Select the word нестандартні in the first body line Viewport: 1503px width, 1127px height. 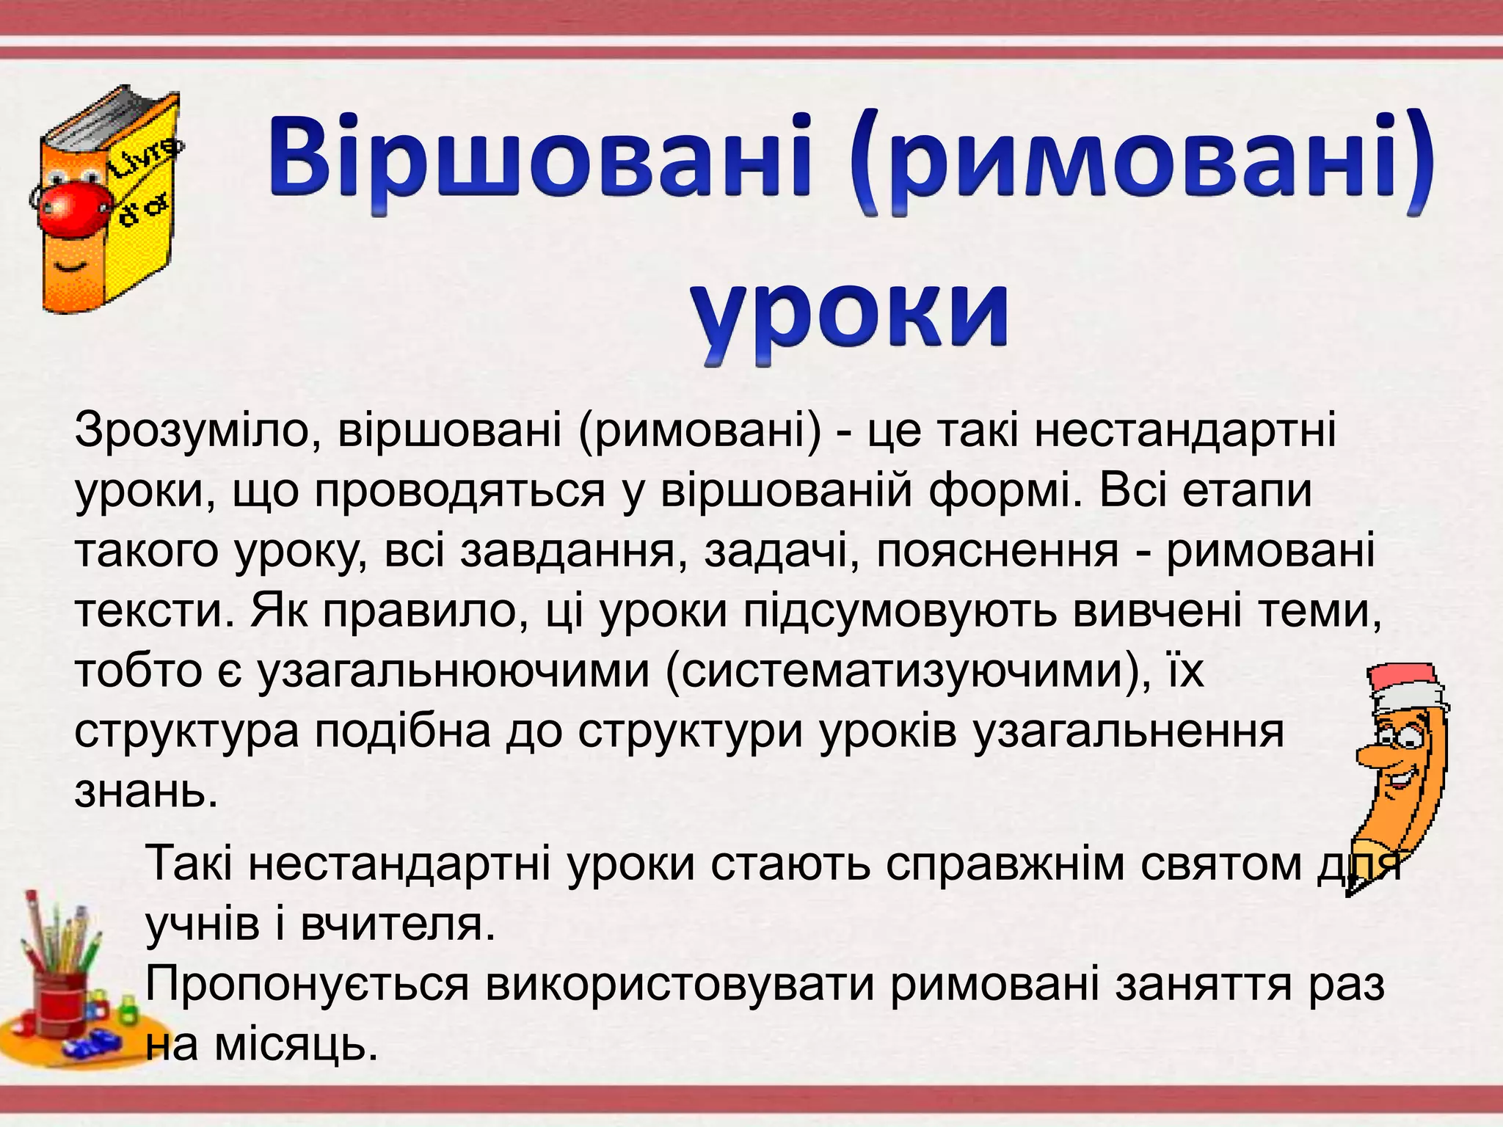point(1184,431)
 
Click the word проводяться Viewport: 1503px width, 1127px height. point(459,491)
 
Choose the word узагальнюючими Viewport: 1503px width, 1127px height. point(454,671)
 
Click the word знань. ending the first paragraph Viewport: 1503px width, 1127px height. point(147,791)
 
